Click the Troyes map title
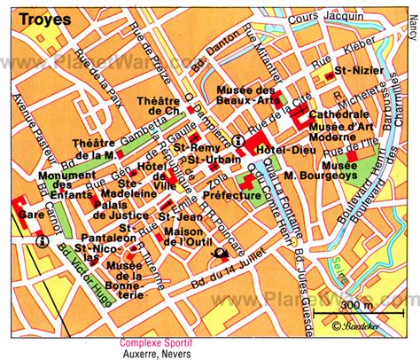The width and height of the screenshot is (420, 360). click(x=28, y=16)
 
